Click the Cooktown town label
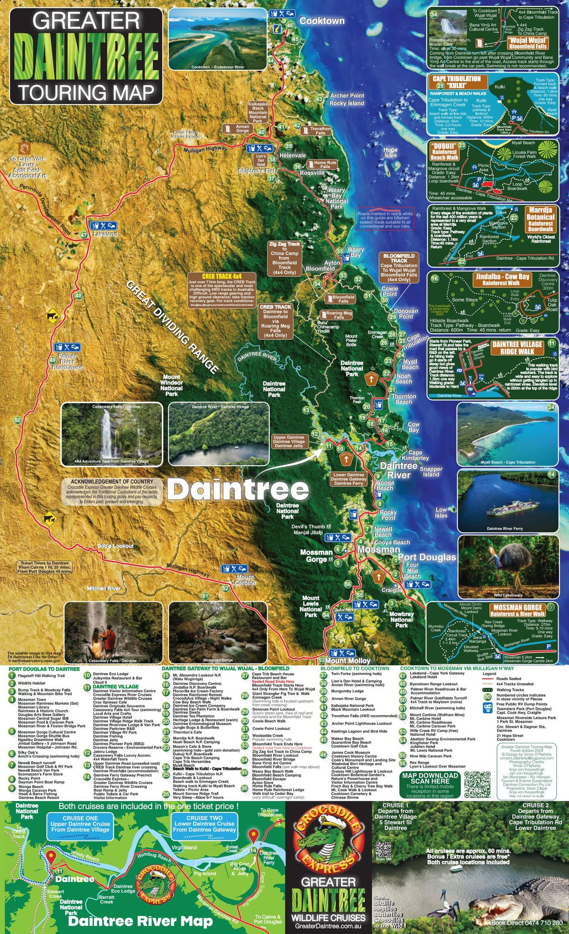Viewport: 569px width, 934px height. pyautogui.click(x=322, y=21)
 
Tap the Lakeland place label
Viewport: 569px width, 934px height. pyautogui.click(x=105, y=234)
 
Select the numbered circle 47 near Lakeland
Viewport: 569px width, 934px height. pyautogui.click(x=83, y=235)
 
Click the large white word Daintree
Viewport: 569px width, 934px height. pyautogui.click(x=238, y=489)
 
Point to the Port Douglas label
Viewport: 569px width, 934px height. pyautogui.click(x=427, y=557)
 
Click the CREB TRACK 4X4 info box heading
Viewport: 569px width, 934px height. pyautogui.click(x=222, y=276)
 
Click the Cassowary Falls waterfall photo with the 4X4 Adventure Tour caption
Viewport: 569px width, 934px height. pyautogui.click(x=112, y=433)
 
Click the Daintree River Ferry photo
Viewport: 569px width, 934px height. pyautogui.click(x=507, y=501)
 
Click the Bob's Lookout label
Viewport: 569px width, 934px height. pyautogui.click(x=115, y=546)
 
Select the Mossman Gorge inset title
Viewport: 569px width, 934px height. pyautogui.click(x=517, y=610)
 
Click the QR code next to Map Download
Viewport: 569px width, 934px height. pyautogui.click(x=476, y=784)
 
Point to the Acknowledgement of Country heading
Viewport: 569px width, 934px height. pyautogui.click(x=112, y=482)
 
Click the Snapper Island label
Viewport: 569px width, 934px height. pyautogui.click(x=431, y=472)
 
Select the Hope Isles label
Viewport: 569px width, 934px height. pyautogui.click(x=390, y=152)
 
